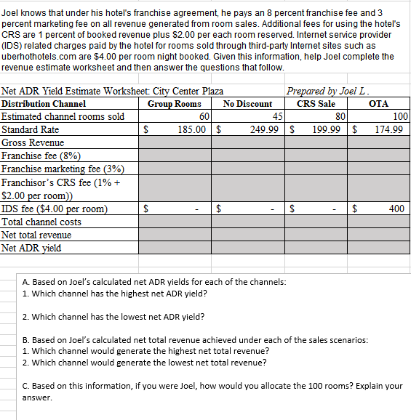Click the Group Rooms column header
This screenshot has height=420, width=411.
pyautogui.click(x=174, y=104)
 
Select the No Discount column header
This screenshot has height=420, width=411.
pyautogui.click(x=247, y=104)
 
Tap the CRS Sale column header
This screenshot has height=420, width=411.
pyautogui.click(x=316, y=104)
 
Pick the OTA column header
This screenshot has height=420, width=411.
pyautogui.click(x=378, y=104)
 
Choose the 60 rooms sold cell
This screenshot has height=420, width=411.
pyautogui.click(x=204, y=117)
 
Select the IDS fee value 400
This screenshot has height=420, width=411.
pyautogui.click(x=396, y=209)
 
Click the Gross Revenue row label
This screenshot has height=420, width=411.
pyautogui.click(x=33, y=143)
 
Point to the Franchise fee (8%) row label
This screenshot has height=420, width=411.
pyautogui.click(x=41, y=156)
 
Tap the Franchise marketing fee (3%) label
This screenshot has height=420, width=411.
pyautogui.click(x=63, y=169)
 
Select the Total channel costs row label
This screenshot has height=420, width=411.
pyautogui.click(x=42, y=222)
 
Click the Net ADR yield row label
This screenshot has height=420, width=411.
pyautogui.click(x=31, y=248)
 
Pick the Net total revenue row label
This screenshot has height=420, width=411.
pyautogui.click(x=37, y=235)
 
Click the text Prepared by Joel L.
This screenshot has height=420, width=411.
pyautogui.click(x=329, y=92)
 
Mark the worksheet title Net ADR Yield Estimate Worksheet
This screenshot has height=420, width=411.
pyautogui.click(x=113, y=92)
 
